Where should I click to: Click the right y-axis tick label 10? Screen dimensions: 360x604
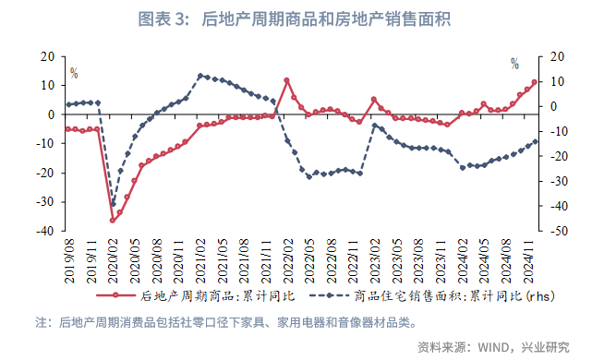(x=557, y=81)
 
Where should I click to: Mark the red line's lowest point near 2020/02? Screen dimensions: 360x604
(x=113, y=220)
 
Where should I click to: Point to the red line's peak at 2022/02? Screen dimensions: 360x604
(x=286, y=80)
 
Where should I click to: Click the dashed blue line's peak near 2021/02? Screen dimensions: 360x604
(x=200, y=76)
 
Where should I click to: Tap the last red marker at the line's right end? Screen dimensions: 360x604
(x=535, y=82)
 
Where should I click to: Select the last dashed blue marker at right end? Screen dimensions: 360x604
(x=535, y=141)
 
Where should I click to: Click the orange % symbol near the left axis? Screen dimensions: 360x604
(x=74, y=73)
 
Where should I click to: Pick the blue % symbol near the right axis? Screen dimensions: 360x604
(x=514, y=64)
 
